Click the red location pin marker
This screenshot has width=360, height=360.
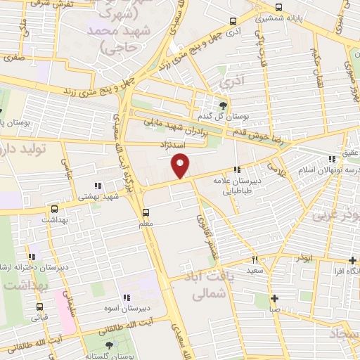click(181, 165)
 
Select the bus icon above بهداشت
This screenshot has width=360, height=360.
click(54, 209)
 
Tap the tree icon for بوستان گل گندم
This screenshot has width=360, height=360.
click(223, 105)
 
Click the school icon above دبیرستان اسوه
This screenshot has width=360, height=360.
click(127, 297)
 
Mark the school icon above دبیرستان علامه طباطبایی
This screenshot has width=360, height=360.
click(238, 169)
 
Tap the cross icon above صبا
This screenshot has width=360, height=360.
click(274, 297)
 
